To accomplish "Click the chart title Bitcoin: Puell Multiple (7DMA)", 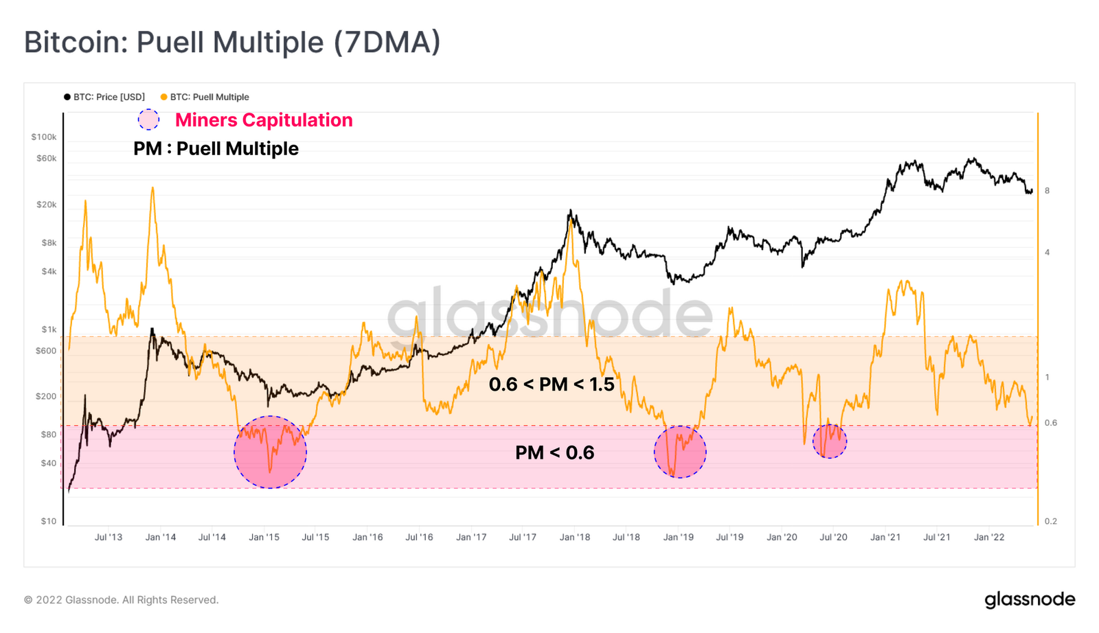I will point(232,43).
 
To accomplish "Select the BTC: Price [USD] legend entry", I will point(104,97).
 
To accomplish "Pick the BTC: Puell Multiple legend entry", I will point(205,97).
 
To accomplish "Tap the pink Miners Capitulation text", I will point(264,120).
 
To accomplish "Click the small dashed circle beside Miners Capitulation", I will point(148,119).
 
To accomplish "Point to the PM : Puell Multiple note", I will point(216,149).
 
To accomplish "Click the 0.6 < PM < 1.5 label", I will point(552,384).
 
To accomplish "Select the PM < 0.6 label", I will point(554,452).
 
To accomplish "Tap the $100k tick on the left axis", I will point(44,137).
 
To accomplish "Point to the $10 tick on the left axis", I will point(49,521).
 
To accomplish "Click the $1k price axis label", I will point(49,330).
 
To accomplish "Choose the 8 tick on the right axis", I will point(1047,191).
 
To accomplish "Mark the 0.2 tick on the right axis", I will point(1051,521).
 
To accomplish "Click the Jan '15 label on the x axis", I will point(264,537).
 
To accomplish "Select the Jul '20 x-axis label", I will point(833,537).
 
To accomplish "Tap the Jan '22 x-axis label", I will point(989,537).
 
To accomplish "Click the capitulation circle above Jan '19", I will point(680,452).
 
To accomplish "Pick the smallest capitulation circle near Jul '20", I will point(830,441).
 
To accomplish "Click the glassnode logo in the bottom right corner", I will point(1030,599).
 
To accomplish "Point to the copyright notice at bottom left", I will point(122,600).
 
